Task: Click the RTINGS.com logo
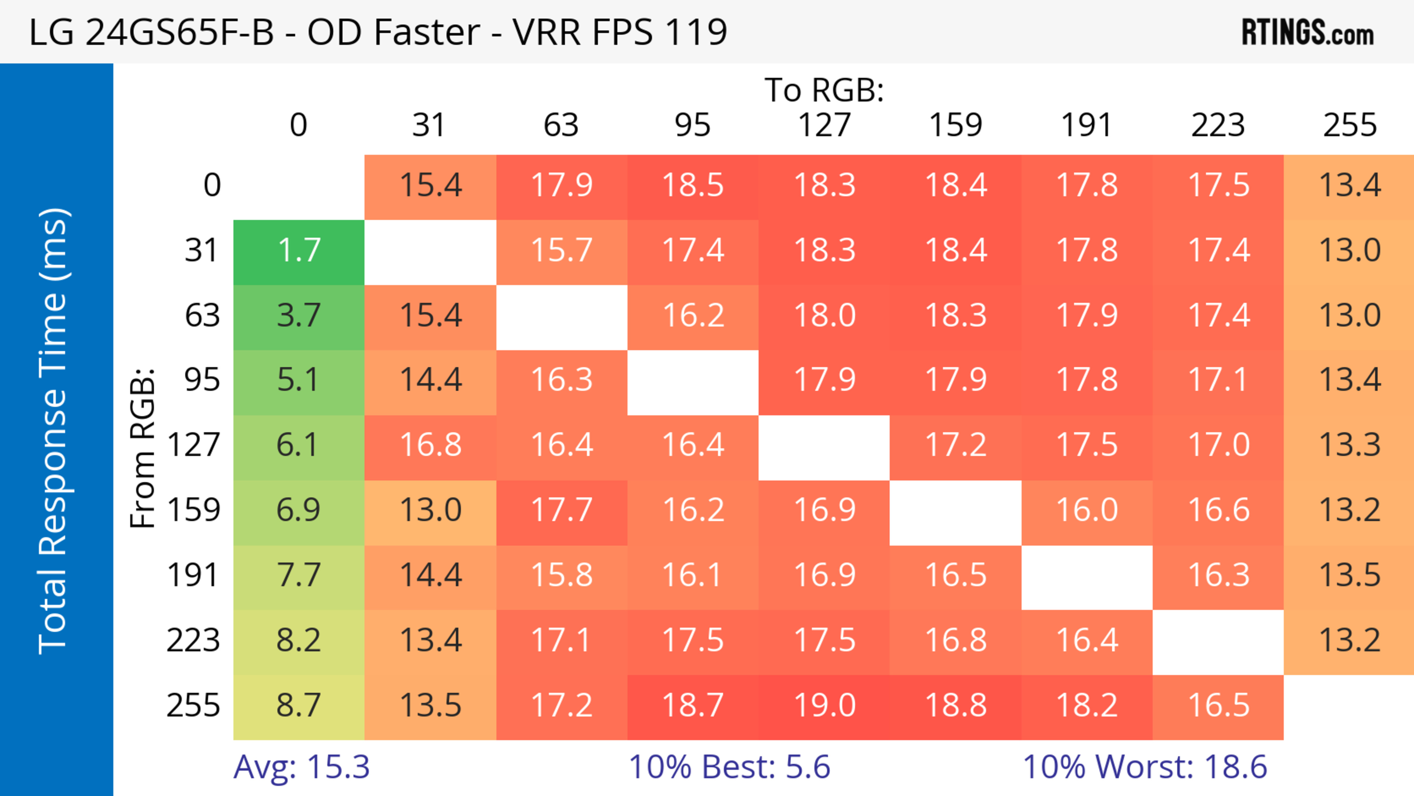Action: [x=1308, y=32]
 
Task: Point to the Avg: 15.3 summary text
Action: [x=301, y=767]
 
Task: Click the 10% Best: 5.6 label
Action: [x=729, y=767]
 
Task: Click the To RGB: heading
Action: [x=824, y=90]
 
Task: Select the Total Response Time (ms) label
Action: [x=54, y=431]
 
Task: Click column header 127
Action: [x=824, y=125]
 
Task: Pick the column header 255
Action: [x=1350, y=125]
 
